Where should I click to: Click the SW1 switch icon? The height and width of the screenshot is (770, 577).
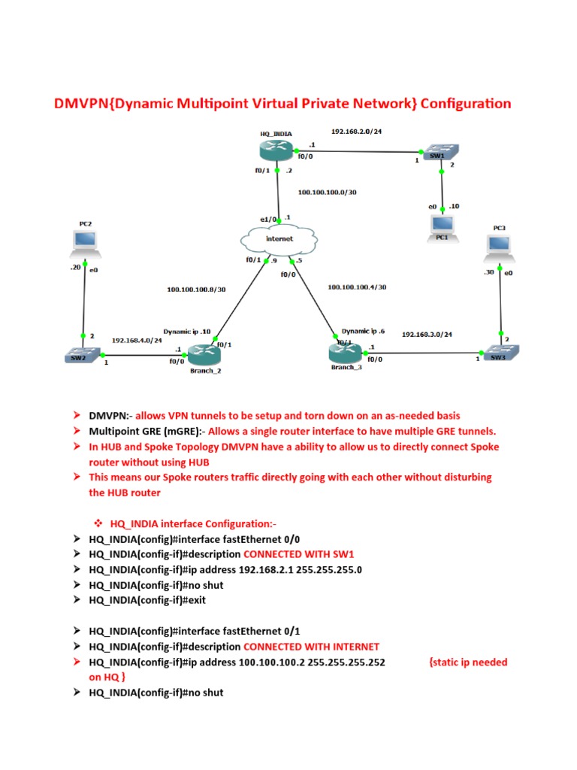pos(434,155)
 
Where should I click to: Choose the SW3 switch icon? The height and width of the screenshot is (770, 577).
pos(497,352)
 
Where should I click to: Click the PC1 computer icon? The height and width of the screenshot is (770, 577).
pos(443,224)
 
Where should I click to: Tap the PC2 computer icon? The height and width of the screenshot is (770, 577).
pos(85,240)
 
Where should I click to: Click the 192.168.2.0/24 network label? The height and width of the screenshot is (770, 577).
pos(357,131)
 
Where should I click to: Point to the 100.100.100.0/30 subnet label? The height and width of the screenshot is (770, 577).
pos(327,192)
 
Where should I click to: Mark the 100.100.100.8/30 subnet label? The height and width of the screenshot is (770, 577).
pos(196,288)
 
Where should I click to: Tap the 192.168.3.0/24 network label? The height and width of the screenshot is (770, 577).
pos(431,333)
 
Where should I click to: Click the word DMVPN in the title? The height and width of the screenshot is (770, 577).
pos(80,104)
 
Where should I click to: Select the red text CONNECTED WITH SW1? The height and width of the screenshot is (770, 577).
pos(290,554)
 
